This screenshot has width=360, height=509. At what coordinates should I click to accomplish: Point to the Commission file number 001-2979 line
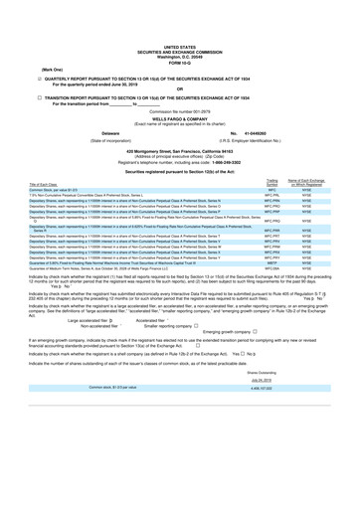(x=180, y=90)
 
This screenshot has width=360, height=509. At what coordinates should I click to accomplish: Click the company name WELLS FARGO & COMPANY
(x=180, y=96)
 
